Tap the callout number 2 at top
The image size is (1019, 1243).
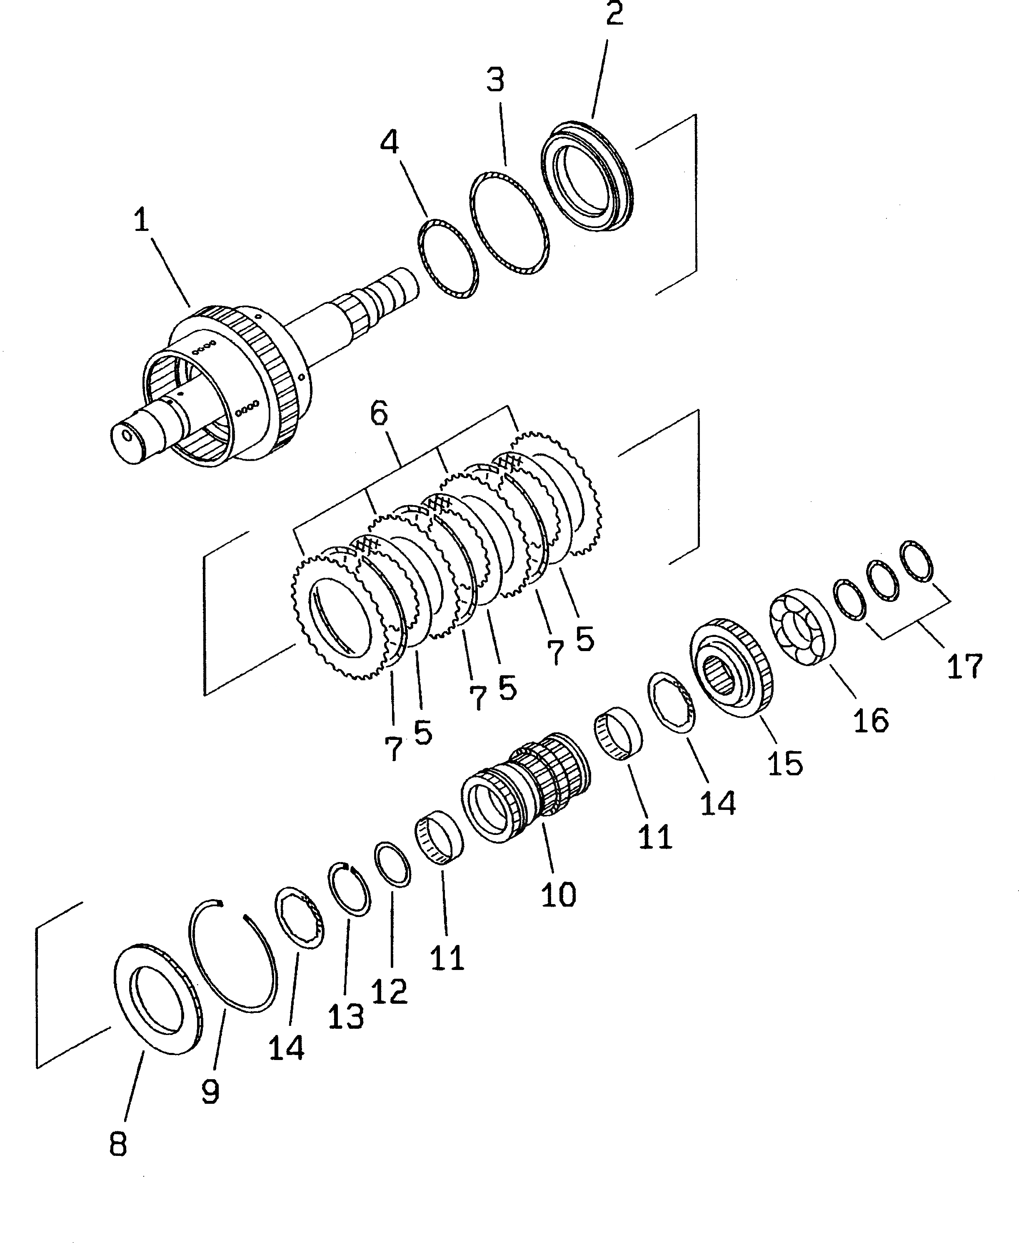point(614,15)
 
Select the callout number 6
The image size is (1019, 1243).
point(379,414)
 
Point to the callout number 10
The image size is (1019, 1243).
point(558,895)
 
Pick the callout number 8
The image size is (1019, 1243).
point(118,1144)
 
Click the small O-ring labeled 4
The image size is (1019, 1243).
point(447,259)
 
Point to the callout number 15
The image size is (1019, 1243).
point(785,763)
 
